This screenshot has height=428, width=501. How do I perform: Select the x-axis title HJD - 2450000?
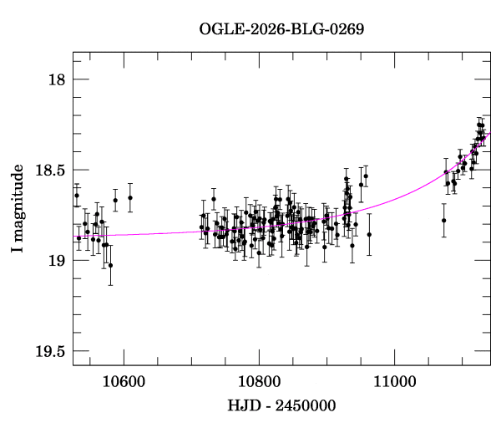(281, 405)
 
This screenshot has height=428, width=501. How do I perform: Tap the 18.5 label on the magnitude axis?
(51, 170)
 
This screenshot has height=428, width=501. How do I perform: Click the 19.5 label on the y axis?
(51, 350)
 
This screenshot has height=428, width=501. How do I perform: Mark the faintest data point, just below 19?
(110, 265)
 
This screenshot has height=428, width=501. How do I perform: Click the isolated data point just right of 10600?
(130, 198)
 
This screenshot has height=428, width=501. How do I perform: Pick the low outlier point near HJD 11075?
(444, 221)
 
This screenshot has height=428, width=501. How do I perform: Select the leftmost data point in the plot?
(76, 196)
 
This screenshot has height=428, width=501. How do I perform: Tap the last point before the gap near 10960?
(369, 235)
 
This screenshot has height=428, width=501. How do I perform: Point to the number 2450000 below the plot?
(304, 405)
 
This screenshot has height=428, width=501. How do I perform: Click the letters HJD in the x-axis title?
(242, 405)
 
